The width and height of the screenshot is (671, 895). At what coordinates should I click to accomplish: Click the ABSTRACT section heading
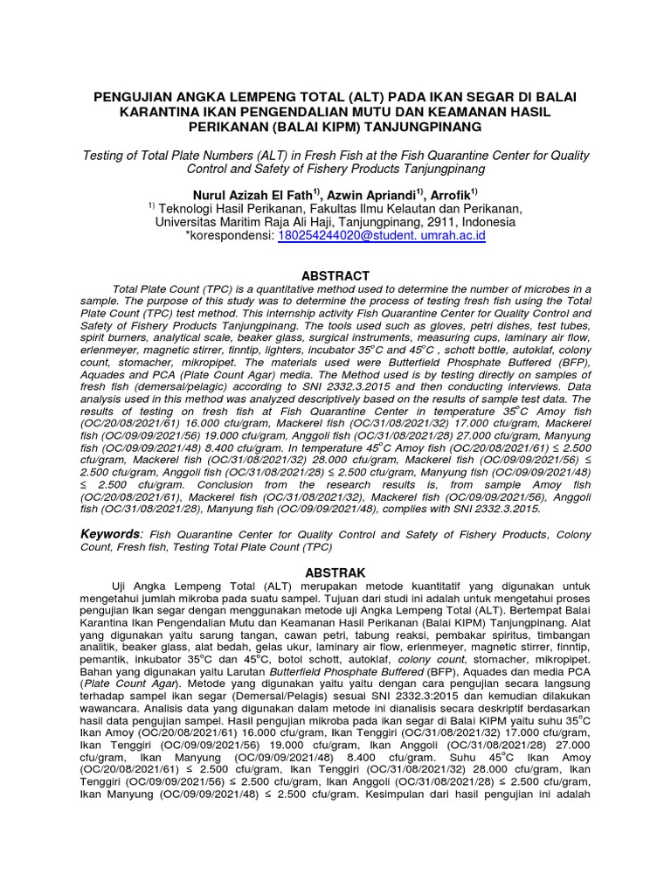click(335, 275)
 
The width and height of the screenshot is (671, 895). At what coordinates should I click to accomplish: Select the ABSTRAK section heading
click(335, 572)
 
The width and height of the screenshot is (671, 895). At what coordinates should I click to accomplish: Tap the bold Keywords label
click(110, 534)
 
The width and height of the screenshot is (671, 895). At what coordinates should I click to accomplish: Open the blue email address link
click(381, 236)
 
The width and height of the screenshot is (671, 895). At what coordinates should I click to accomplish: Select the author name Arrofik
click(452, 195)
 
